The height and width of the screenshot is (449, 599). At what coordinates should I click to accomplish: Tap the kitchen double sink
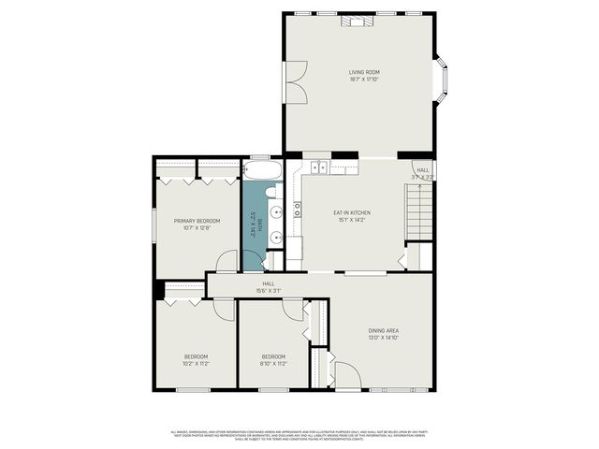point(317,168)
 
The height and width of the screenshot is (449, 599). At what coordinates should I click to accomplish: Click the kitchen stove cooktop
point(298,210)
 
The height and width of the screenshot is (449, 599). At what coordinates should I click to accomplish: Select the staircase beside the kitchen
point(418,212)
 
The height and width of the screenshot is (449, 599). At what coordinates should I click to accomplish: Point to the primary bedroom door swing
point(226,263)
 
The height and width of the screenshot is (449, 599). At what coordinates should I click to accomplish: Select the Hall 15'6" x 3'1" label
point(269,286)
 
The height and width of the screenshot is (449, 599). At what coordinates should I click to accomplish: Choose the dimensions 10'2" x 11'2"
point(196,363)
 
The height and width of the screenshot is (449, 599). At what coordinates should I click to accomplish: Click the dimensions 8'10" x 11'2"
point(272,363)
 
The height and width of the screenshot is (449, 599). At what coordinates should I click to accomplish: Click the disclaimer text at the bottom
point(299,434)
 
